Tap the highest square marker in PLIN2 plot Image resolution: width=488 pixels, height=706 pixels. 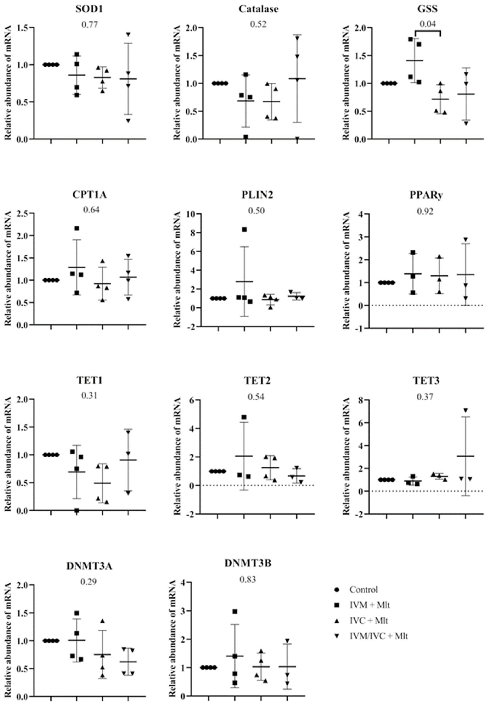[x=244, y=229]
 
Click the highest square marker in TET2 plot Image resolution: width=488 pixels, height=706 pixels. [x=244, y=417]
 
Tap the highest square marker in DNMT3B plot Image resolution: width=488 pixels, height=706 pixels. [x=235, y=603]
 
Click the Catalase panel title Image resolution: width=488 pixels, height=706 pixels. [x=258, y=9]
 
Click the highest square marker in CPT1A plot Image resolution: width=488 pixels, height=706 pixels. [x=77, y=229]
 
